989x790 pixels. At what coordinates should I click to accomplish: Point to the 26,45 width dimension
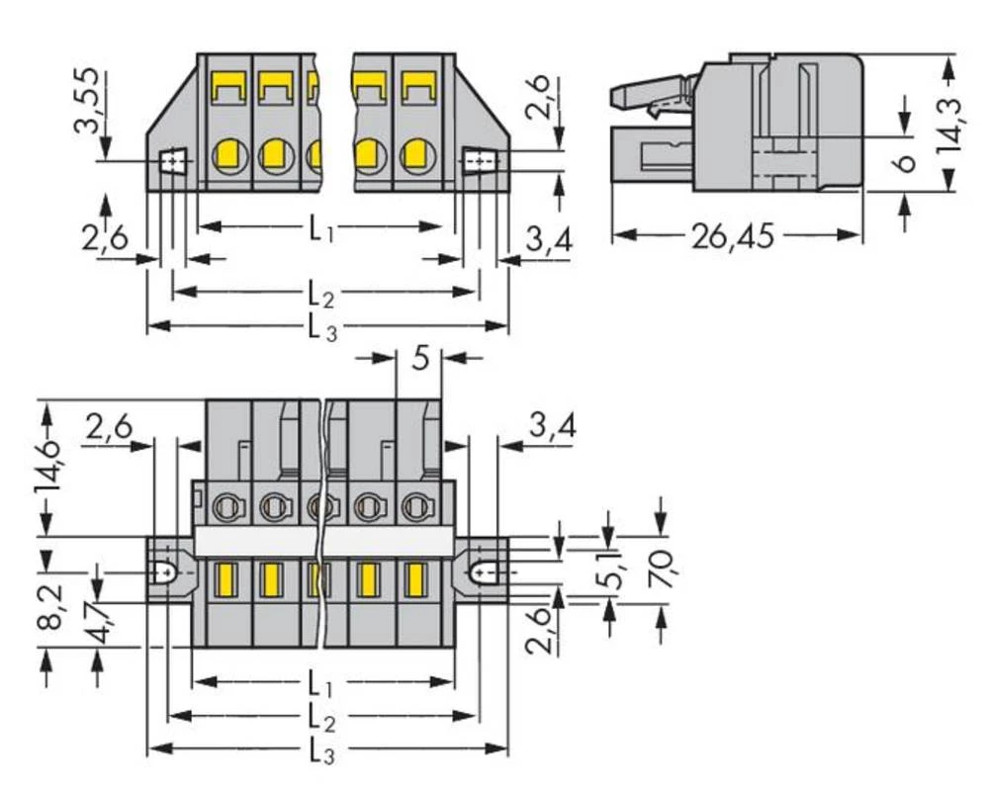click(732, 236)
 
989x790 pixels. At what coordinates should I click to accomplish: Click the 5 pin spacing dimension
click(419, 358)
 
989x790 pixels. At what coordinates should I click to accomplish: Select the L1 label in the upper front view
click(320, 230)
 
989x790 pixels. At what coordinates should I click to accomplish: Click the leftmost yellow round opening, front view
click(229, 155)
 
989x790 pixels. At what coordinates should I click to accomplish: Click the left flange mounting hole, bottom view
click(164, 572)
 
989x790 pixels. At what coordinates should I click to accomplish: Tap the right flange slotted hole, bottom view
click(485, 571)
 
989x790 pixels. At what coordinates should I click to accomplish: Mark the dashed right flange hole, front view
click(482, 159)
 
